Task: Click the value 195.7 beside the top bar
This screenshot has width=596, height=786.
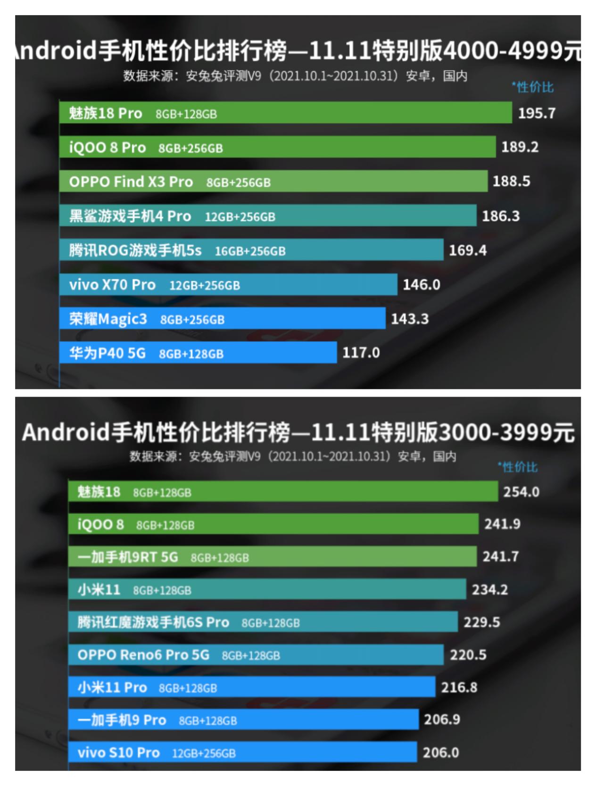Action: (537, 113)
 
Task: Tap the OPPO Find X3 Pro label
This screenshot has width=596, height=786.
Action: (131, 182)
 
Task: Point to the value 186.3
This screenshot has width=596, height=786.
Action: (500, 216)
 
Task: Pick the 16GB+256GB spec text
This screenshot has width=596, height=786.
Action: (250, 251)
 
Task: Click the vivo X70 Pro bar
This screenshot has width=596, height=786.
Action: (228, 285)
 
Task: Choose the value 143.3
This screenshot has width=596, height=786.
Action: (409, 319)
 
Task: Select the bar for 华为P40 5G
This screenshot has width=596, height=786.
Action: (198, 353)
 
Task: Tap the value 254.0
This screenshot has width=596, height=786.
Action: (521, 492)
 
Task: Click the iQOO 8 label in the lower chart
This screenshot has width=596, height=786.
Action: (100, 524)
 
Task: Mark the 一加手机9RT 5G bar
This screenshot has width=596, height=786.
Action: (273, 557)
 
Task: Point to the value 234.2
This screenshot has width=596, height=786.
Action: (489, 589)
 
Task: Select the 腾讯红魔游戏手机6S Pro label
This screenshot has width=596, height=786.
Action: (153, 622)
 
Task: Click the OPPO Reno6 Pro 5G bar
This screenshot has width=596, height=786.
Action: (256, 654)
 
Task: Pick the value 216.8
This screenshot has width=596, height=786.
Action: (459, 687)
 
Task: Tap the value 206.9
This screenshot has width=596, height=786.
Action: (442, 720)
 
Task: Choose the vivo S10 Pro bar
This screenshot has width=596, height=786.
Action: (242, 752)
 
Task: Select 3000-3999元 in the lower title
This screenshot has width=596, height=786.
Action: (506, 432)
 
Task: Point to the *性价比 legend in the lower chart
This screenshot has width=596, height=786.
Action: (517, 467)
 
